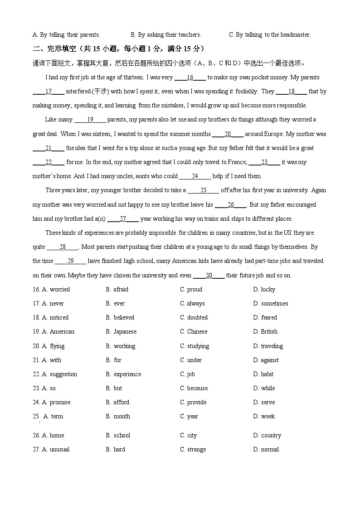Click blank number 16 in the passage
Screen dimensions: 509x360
(190, 78)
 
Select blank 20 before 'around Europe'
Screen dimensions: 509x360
(228, 134)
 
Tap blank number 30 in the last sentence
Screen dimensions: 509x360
(209, 276)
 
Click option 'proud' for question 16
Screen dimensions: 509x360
(195, 290)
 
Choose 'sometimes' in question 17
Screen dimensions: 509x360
(274, 304)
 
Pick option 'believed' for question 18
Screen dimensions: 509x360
(124, 318)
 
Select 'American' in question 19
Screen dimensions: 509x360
(62, 332)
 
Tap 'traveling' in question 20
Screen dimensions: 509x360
(272, 346)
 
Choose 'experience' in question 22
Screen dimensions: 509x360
(127, 374)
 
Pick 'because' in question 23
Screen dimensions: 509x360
(197, 388)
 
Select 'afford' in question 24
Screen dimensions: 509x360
(121, 402)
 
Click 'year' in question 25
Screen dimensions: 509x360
(192, 417)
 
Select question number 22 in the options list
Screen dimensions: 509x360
(36, 374)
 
